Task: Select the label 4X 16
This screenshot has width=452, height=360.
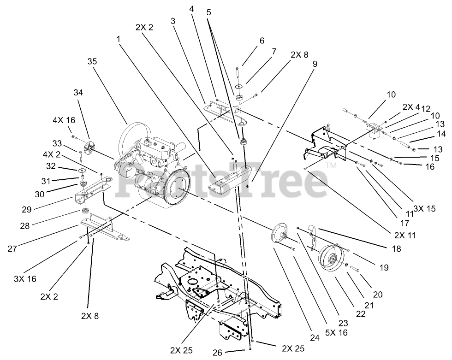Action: [63, 120]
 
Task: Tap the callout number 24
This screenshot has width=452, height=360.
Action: [315, 338]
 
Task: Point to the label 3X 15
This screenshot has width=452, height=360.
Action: [424, 208]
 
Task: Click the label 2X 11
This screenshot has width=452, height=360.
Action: [404, 235]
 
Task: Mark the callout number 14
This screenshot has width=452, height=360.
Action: [441, 134]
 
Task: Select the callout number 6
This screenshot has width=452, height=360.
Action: [262, 41]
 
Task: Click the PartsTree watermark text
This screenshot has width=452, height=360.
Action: [226, 180]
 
